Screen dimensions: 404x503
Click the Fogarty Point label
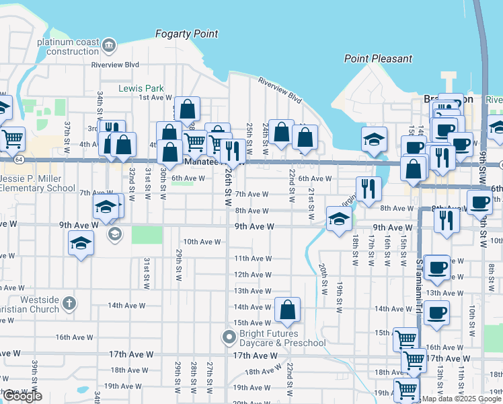pyautogui.click(x=186, y=34)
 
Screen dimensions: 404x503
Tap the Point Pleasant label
pyautogui.click(x=378, y=59)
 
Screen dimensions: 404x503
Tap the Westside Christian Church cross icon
pyautogui.click(x=69, y=303)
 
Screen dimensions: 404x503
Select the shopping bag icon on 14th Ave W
pyautogui.click(x=287, y=310)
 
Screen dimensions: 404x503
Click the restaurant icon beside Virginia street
pyautogui.click(x=368, y=189)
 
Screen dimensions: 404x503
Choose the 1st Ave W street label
pyautogui.click(x=155, y=98)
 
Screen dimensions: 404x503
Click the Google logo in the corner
pyautogui.click(x=22, y=396)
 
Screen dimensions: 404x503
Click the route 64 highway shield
pyautogui.click(x=20, y=159)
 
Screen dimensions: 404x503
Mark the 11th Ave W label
pyautogui.click(x=252, y=259)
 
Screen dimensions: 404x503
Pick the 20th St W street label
pyautogui.click(x=323, y=278)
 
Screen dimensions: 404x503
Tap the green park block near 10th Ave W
pyautogui.click(x=147, y=235)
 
